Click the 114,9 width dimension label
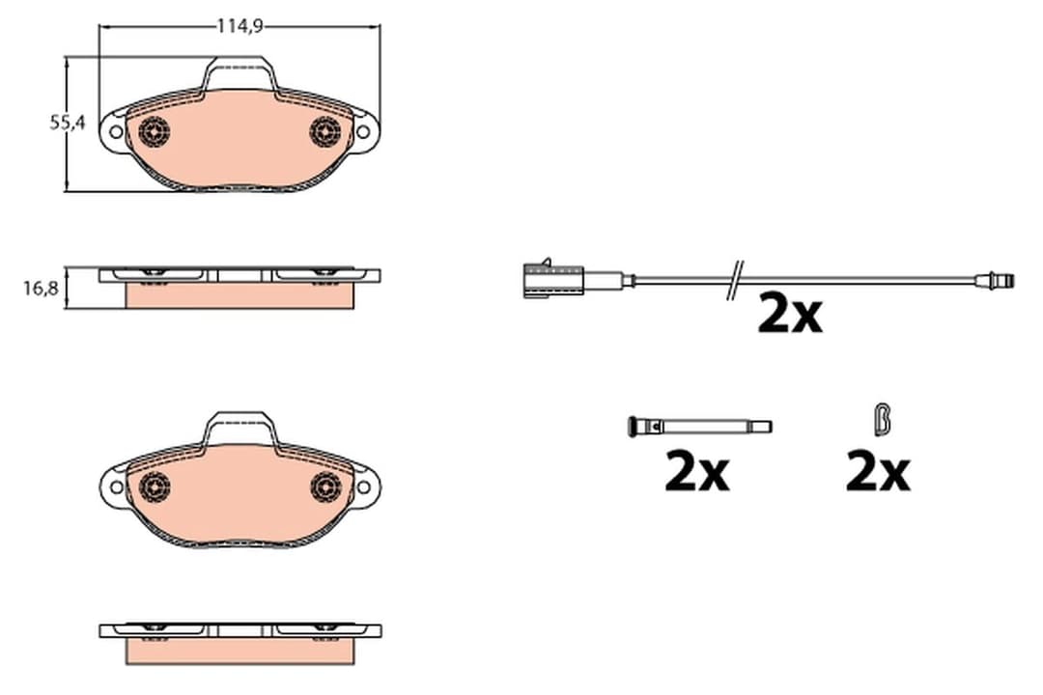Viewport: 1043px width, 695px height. (240, 26)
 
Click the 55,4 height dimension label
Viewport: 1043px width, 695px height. (68, 123)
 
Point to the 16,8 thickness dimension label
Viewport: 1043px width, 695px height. (42, 289)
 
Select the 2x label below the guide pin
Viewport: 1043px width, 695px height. (697, 472)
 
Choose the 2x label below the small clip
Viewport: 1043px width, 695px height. (877, 472)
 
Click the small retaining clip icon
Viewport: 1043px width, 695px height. (882, 420)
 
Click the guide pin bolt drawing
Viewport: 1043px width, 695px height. (699, 427)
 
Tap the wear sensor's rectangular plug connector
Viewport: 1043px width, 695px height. (552, 279)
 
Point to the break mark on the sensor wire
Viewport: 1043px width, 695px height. (735, 281)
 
